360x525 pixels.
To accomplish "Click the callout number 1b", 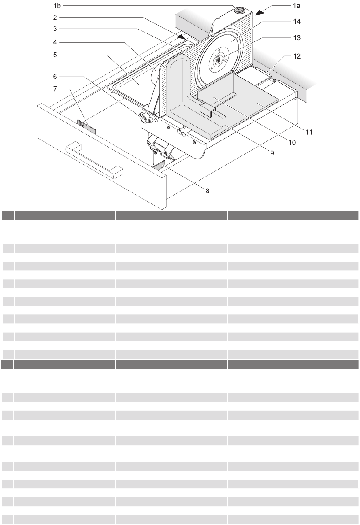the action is (x=56, y=5).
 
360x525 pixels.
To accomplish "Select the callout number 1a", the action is (x=297, y=5).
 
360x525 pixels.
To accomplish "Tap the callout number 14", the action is (x=297, y=22).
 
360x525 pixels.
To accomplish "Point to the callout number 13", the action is (x=297, y=37).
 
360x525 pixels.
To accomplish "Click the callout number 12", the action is (x=297, y=56).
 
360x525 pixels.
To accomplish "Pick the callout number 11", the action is (x=309, y=132).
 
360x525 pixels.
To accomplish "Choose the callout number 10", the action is (x=292, y=143).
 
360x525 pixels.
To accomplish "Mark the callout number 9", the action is (x=272, y=153).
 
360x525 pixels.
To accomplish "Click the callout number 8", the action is (x=208, y=191).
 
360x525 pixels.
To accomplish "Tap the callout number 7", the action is (x=55, y=89).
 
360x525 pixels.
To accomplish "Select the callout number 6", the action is (x=55, y=76).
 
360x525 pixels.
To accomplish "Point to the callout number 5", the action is (x=55, y=55).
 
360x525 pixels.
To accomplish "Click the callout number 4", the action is (x=55, y=42).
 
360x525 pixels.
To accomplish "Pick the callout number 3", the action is (x=55, y=29).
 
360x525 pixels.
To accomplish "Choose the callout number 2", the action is (x=55, y=18).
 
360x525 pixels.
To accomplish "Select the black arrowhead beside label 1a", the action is (x=260, y=11).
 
